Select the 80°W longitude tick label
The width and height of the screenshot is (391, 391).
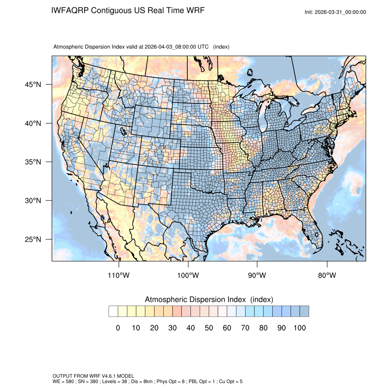(327, 276)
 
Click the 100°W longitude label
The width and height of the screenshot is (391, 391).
(188, 276)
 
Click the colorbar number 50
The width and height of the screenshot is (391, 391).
(208, 328)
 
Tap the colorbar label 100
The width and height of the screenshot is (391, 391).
(299, 328)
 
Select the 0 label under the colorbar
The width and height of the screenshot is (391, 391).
(118, 328)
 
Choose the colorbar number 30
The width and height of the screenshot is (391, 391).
(172, 328)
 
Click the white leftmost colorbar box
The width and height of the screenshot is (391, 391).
(113, 311)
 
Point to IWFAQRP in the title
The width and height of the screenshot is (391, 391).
(70, 10)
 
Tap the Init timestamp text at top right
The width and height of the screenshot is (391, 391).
(335, 12)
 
